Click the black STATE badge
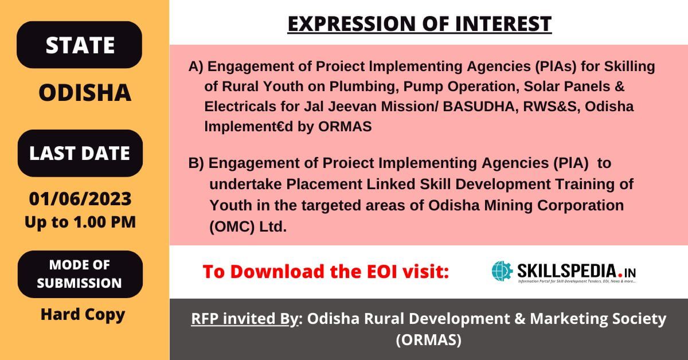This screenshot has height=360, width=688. pyautogui.click(x=79, y=45)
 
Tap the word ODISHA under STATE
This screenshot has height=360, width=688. pyautogui.click(x=85, y=92)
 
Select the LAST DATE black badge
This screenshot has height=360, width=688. pyautogui.click(x=80, y=153)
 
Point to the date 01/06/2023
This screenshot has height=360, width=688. pyautogui.click(x=80, y=198)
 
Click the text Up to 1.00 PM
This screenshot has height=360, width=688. pyautogui.click(x=80, y=222)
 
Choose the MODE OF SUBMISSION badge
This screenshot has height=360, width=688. pyautogui.click(x=80, y=274)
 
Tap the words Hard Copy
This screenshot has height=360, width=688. pyautogui.click(x=83, y=315)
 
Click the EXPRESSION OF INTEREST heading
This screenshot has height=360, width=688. pyautogui.click(x=420, y=24)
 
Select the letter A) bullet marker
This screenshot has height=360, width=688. pyautogui.click(x=196, y=66)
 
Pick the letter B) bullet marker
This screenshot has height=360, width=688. pyautogui.click(x=196, y=163)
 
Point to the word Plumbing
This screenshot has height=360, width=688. pyautogui.click(x=362, y=87)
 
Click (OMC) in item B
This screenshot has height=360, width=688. pyautogui.click(x=232, y=226)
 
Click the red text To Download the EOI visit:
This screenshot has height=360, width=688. pyautogui.click(x=326, y=272)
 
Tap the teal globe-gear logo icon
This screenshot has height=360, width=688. pyautogui.click(x=502, y=271)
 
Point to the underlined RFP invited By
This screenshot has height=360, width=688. pyautogui.click(x=244, y=318)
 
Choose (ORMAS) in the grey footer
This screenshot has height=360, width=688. pyautogui.click(x=429, y=340)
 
